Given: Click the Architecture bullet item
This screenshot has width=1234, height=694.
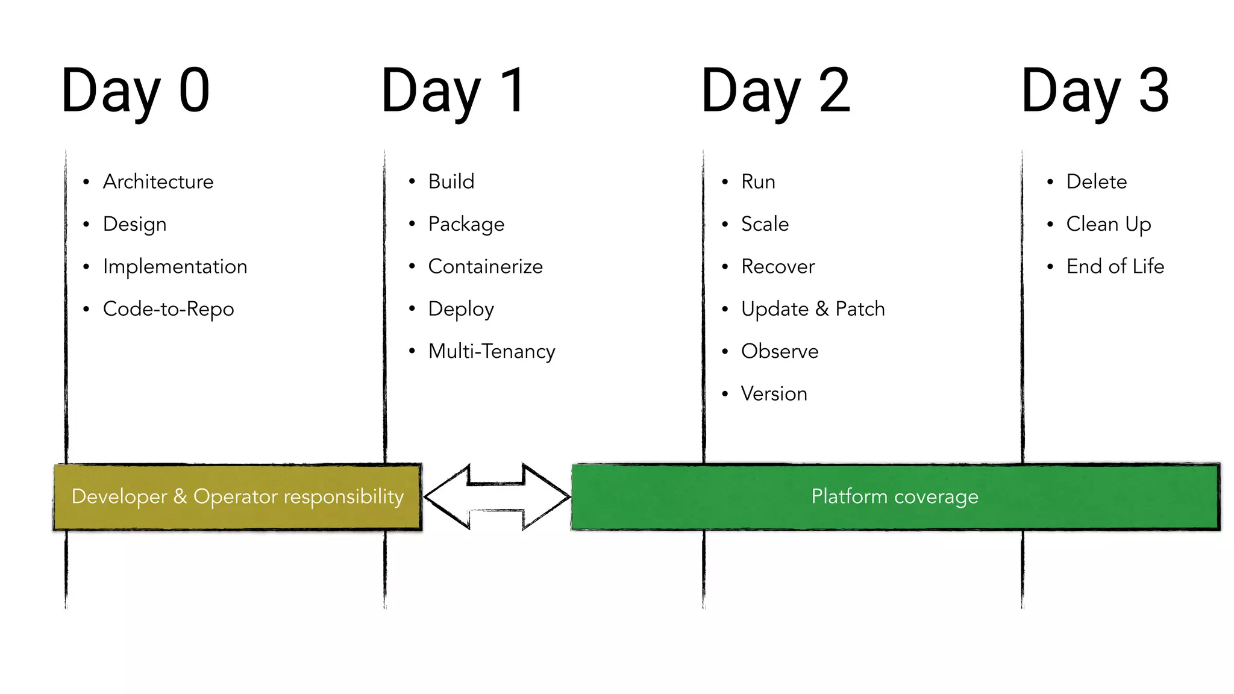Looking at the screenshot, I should [158, 181].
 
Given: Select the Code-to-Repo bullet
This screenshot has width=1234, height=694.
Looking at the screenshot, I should [168, 309].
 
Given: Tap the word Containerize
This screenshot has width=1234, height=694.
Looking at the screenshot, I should [485, 266].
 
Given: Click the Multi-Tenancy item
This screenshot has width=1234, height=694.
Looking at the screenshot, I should [491, 351].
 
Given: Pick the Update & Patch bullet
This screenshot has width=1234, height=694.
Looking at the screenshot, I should [812, 309].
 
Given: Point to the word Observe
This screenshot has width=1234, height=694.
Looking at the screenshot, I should [779, 351].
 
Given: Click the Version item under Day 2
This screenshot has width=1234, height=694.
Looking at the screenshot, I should [774, 394].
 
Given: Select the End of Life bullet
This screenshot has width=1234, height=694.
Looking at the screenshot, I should [1115, 266].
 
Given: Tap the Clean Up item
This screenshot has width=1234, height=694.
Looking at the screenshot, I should [1108, 224].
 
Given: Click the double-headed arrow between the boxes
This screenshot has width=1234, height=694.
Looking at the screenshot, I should [496, 496].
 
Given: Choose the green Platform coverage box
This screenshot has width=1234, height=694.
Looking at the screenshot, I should [895, 496].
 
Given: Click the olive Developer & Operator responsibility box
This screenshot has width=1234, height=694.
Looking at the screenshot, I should [237, 496].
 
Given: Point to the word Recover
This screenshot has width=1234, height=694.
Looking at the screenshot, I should [777, 266].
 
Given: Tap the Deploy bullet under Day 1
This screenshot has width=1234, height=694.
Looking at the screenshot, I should [460, 309].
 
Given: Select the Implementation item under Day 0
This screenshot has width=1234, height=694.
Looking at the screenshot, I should [175, 266].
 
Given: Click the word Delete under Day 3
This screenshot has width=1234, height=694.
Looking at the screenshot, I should [1096, 181].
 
